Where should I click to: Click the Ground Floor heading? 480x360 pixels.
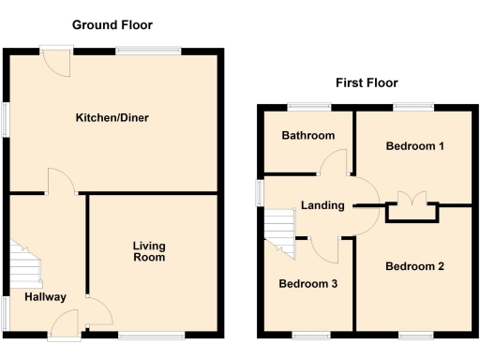tap(112, 24)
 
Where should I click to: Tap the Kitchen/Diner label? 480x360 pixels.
tap(112, 118)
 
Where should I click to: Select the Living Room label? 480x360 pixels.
tap(148, 251)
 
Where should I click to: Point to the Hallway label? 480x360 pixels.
tap(45, 297)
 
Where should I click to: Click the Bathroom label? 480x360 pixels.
tap(308, 136)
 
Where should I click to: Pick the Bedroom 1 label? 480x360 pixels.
tap(414, 146)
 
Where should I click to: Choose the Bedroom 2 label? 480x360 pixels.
tap(414, 266)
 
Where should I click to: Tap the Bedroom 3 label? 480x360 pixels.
tap(307, 283)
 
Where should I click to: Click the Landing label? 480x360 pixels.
tap(322, 206)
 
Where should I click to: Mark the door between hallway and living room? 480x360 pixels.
tap(97, 309)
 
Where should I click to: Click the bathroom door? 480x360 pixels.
tap(333, 164)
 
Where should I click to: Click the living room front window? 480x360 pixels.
tap(151, 334)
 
